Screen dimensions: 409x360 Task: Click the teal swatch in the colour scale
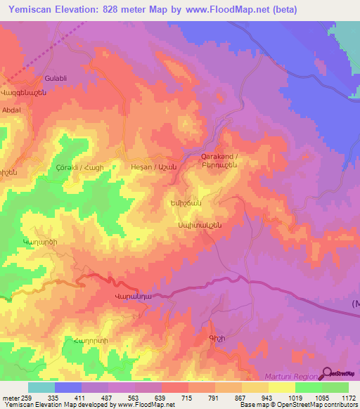click(x=41, y=387)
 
